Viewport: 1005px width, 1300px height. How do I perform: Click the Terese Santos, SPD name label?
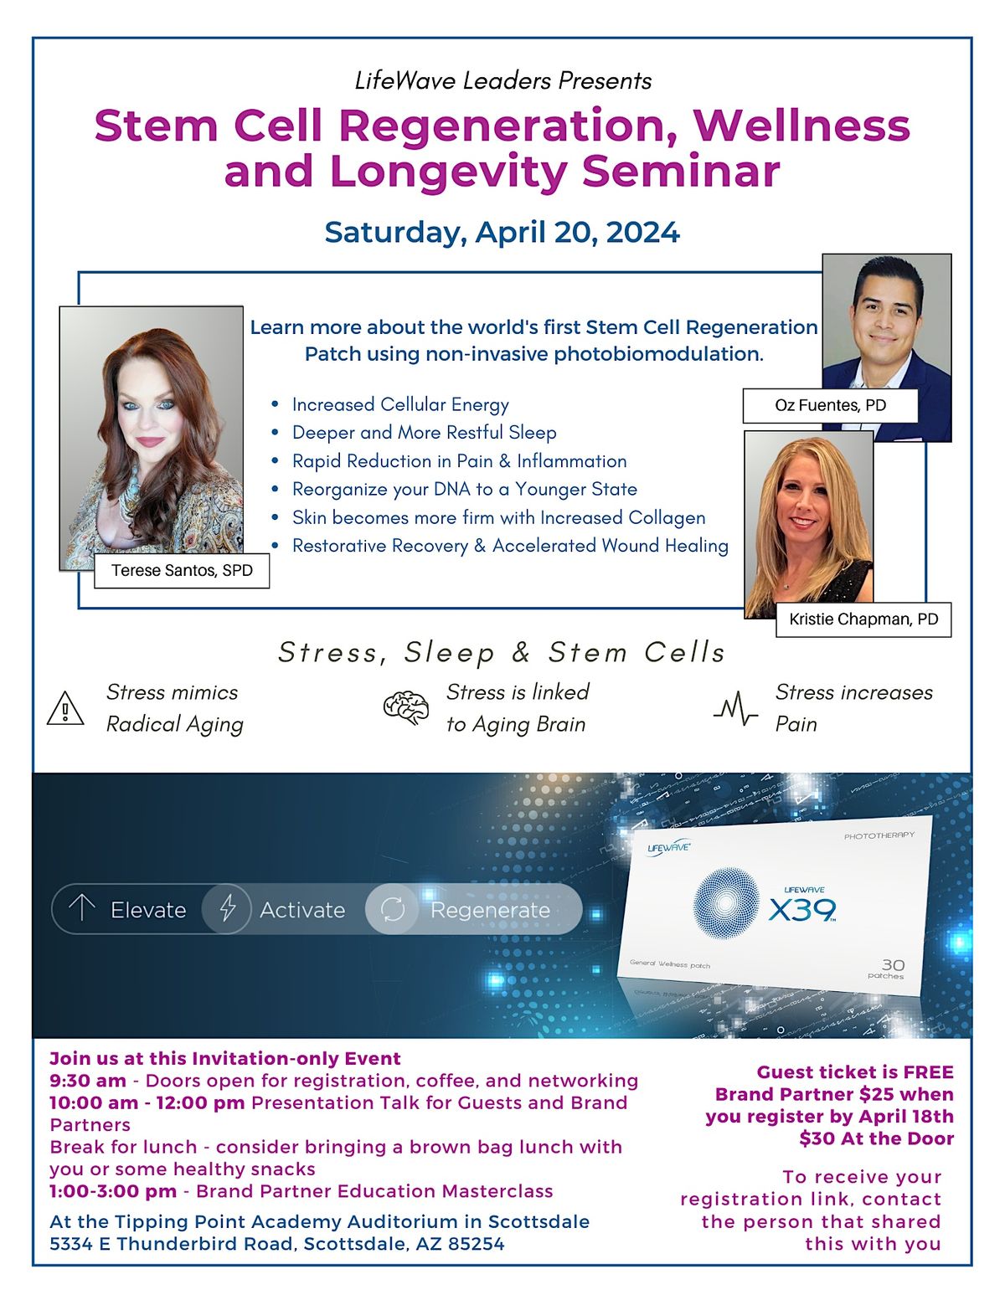click(182, 570)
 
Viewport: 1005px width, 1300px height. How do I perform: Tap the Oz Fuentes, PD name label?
click(830, 406)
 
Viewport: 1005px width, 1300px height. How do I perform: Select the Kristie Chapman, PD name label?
click(863, 619)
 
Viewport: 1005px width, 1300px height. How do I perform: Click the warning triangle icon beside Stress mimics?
click(65, 709)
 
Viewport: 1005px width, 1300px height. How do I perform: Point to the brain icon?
click(406, 707)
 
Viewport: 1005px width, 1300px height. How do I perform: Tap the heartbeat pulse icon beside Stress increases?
click(735, 709)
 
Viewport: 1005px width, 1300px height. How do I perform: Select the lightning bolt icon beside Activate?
click(227, 909)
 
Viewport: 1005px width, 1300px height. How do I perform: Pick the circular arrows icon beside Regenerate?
click(393, 909)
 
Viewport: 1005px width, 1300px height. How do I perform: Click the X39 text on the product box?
click(802, 911)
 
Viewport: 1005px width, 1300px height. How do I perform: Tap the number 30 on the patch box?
click(893, 965)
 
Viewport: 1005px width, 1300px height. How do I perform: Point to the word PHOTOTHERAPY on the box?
click(879, 835)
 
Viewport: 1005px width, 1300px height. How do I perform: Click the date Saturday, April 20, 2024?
click(502, 233)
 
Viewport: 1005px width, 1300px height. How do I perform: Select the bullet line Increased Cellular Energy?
click(400, 405)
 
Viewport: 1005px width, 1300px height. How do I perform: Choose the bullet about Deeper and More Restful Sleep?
click(425, 433)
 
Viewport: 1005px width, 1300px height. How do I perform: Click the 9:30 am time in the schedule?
click(88, 1081)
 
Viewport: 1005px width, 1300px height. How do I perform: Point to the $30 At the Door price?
click(876, 1138)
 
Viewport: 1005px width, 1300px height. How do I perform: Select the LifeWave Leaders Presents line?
click(502, 81)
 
